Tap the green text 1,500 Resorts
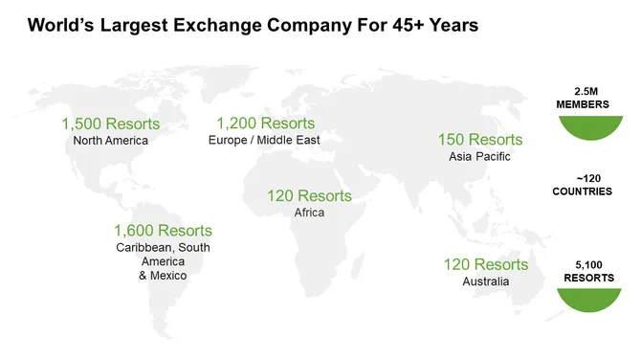[110, 124]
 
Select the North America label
[110, 141]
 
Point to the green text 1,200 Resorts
[265, 124]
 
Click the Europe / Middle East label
[263, 141]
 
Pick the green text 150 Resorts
[480, 140]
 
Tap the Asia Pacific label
[479, 157]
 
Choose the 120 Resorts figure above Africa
[309, 195]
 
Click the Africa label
[309, 213]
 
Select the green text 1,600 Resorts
[163, 231]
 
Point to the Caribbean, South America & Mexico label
[163, 261]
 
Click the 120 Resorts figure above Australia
[485, 264]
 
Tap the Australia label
[486, 281]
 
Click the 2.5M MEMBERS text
[583, 96]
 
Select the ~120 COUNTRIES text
[583, 185]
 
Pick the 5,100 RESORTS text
[583, 270]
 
